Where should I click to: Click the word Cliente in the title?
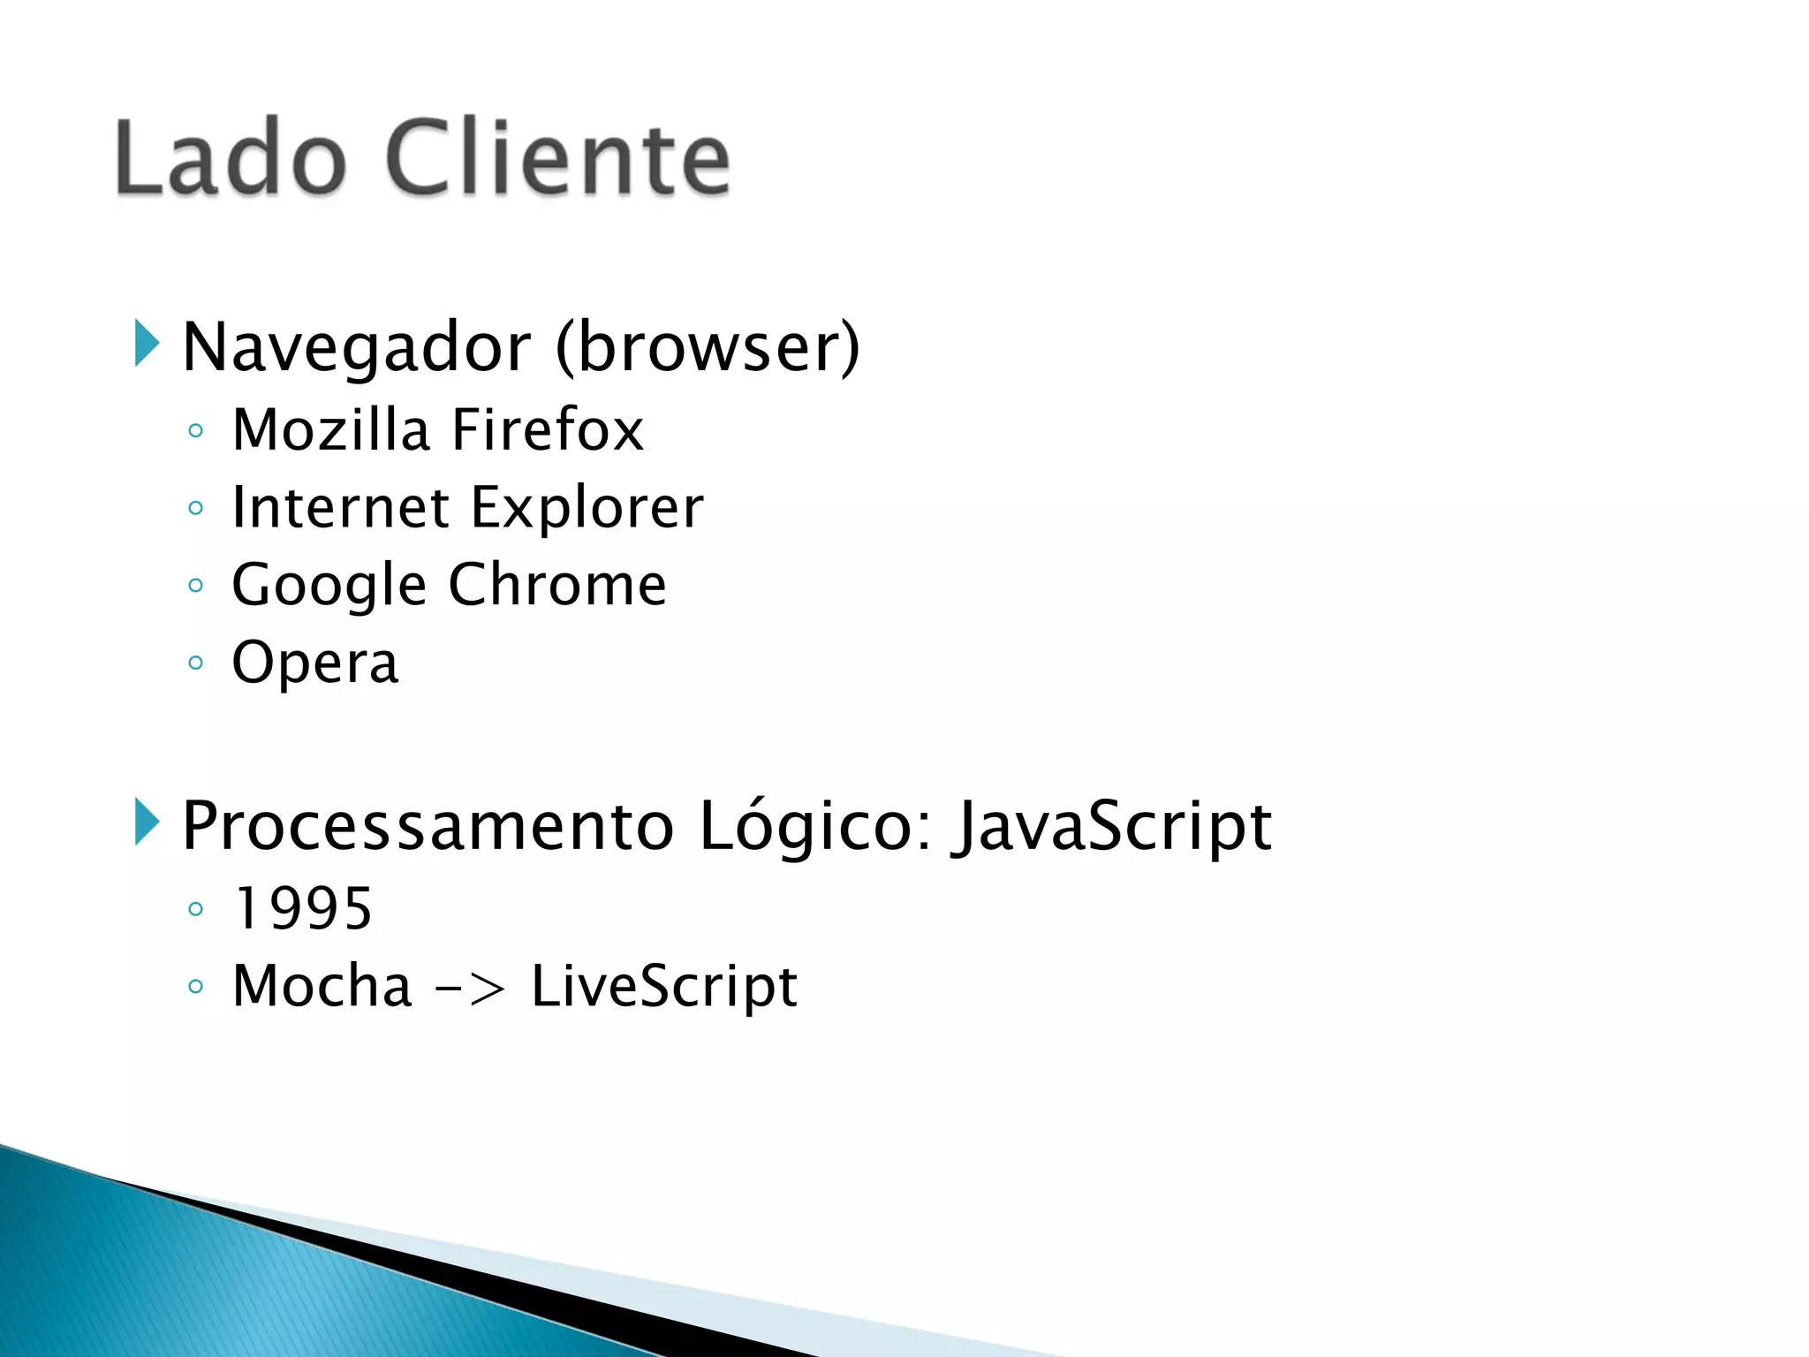coord(558,159)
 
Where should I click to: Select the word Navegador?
coord(357,347)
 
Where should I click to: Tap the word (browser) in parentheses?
coord(708,347)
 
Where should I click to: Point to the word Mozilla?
coord(330,430)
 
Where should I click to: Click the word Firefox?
coord(548,430)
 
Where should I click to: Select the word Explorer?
coord(587,510)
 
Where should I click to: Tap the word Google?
coord(329,587)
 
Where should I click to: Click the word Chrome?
coord(557,585)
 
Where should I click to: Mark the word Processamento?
coord(428,826)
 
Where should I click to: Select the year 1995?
coord(303,909)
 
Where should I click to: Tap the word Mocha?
coord(322,986)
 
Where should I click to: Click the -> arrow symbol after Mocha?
coord(471,988)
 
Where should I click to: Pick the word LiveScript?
coord(664,987)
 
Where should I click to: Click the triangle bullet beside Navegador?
coord(147,344)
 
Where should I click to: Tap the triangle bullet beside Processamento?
coord(147,822)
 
